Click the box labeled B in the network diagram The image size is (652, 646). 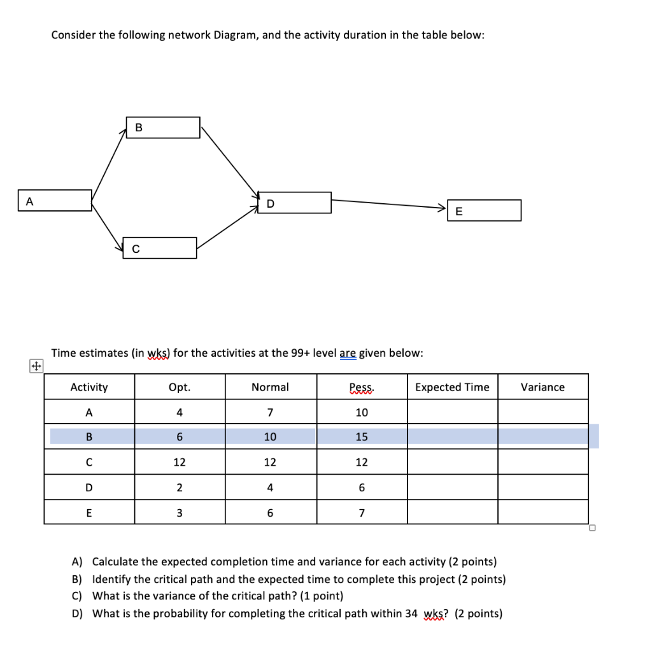[x=163, y=127]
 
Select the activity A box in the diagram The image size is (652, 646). [x=55, y=200]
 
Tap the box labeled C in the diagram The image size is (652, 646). [x=160, y=248]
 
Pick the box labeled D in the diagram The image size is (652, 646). [x=294, y=203]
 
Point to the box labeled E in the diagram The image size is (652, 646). [x=484, y=210]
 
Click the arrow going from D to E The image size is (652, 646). [x=388, y=204]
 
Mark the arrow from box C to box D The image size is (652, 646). [x=228, y=226]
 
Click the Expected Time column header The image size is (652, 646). [x=452, y=387]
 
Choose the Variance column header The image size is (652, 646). [x=542, y=387]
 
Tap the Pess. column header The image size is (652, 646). [x=362, y=387]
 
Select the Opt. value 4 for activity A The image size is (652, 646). [x=180, y=412]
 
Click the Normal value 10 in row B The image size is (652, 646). [x=270, y=437]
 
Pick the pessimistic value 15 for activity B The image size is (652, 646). [x=362, y=437]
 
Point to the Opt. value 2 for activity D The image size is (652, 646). [x=180, y=487]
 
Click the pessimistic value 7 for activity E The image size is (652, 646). [x=362, y=512]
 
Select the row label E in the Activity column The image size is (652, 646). [x=89, y=512]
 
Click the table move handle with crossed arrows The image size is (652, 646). [x=36, y=366]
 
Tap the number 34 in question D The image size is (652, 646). [x=411, y=614]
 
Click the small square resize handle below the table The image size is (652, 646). [x=592, y=528]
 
